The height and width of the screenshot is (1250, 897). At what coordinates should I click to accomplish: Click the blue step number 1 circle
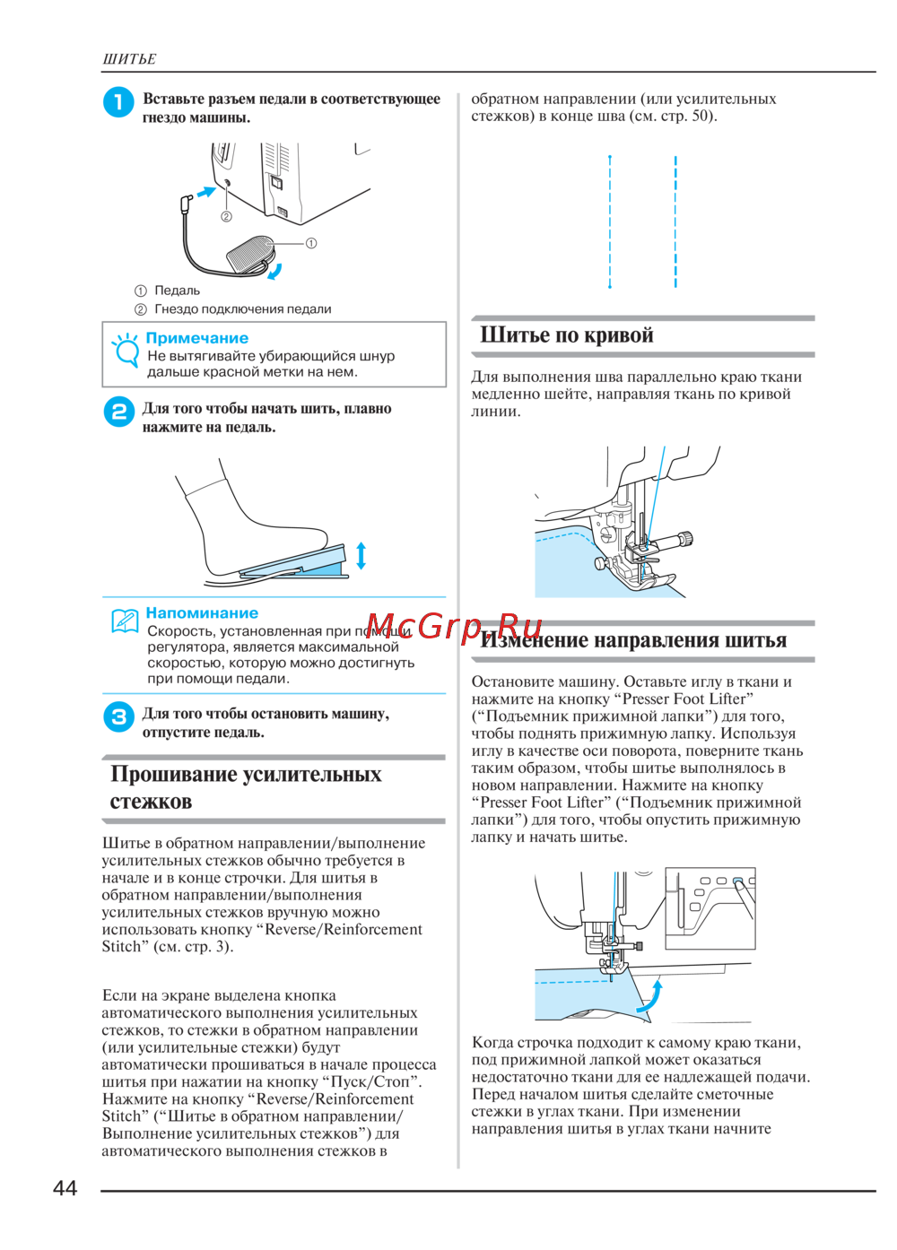point(118,102)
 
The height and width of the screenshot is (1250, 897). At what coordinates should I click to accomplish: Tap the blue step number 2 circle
point(119,412)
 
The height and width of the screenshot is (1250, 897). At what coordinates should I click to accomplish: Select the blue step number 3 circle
point(119,716)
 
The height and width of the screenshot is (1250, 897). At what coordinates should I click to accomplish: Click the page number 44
point(65,1187)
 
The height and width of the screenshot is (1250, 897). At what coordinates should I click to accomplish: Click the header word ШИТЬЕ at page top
point(129,59)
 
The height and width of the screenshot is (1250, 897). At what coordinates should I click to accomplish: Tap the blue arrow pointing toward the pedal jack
point(206,192)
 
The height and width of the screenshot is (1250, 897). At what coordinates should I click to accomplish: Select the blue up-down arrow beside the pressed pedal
point(361,555)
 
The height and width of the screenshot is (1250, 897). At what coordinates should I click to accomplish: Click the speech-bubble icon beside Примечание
point(125,350)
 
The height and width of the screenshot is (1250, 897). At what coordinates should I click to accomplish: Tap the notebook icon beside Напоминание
point(125,620)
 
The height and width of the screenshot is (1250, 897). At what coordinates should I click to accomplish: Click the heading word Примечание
point(197,338)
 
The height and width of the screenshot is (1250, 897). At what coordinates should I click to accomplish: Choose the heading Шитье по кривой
point(567,334)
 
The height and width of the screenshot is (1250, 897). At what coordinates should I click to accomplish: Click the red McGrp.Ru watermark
point(455,626)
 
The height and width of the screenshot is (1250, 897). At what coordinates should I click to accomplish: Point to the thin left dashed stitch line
point(610,222)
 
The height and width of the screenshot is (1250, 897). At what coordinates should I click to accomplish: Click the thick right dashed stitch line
point(675,222)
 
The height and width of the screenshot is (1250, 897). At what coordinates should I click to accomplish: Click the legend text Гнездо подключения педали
point(243,309)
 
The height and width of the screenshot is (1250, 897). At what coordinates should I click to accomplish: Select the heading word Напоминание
point(202,612)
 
